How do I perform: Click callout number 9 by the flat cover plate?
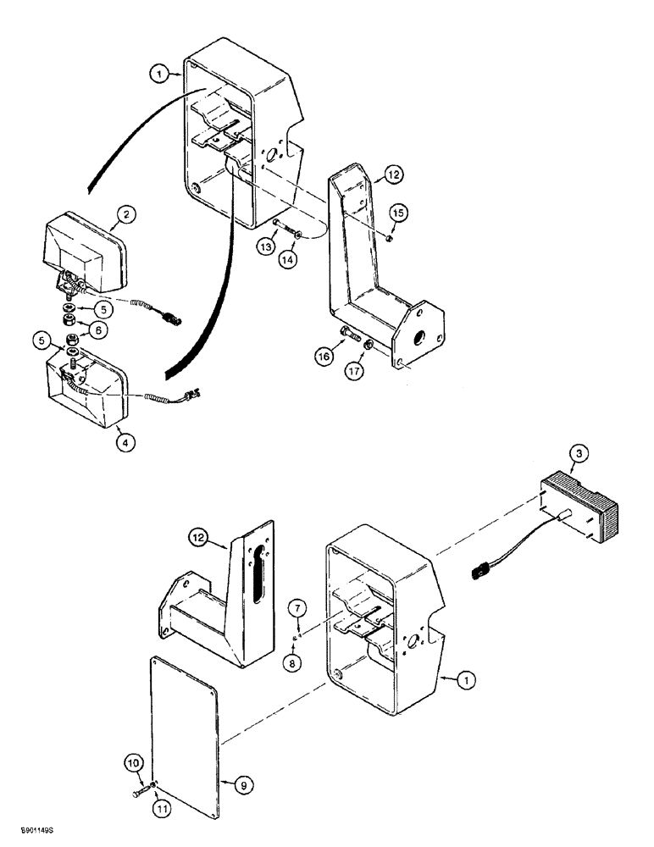243,786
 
